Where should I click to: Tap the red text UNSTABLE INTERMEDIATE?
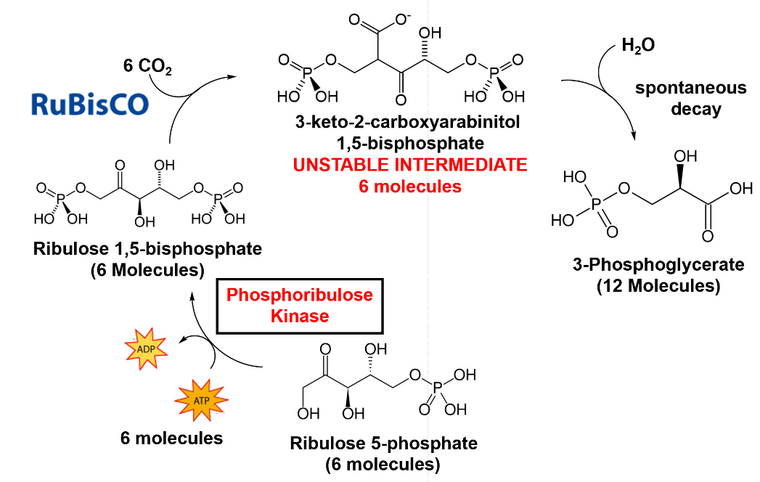point(410,166)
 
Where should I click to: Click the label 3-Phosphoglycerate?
point(658,265)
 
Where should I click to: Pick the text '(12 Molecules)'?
point(658,286)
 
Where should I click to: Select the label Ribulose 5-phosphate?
point(383,443)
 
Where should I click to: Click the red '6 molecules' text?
point(410,187)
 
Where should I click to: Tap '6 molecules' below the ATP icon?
point(171,438)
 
